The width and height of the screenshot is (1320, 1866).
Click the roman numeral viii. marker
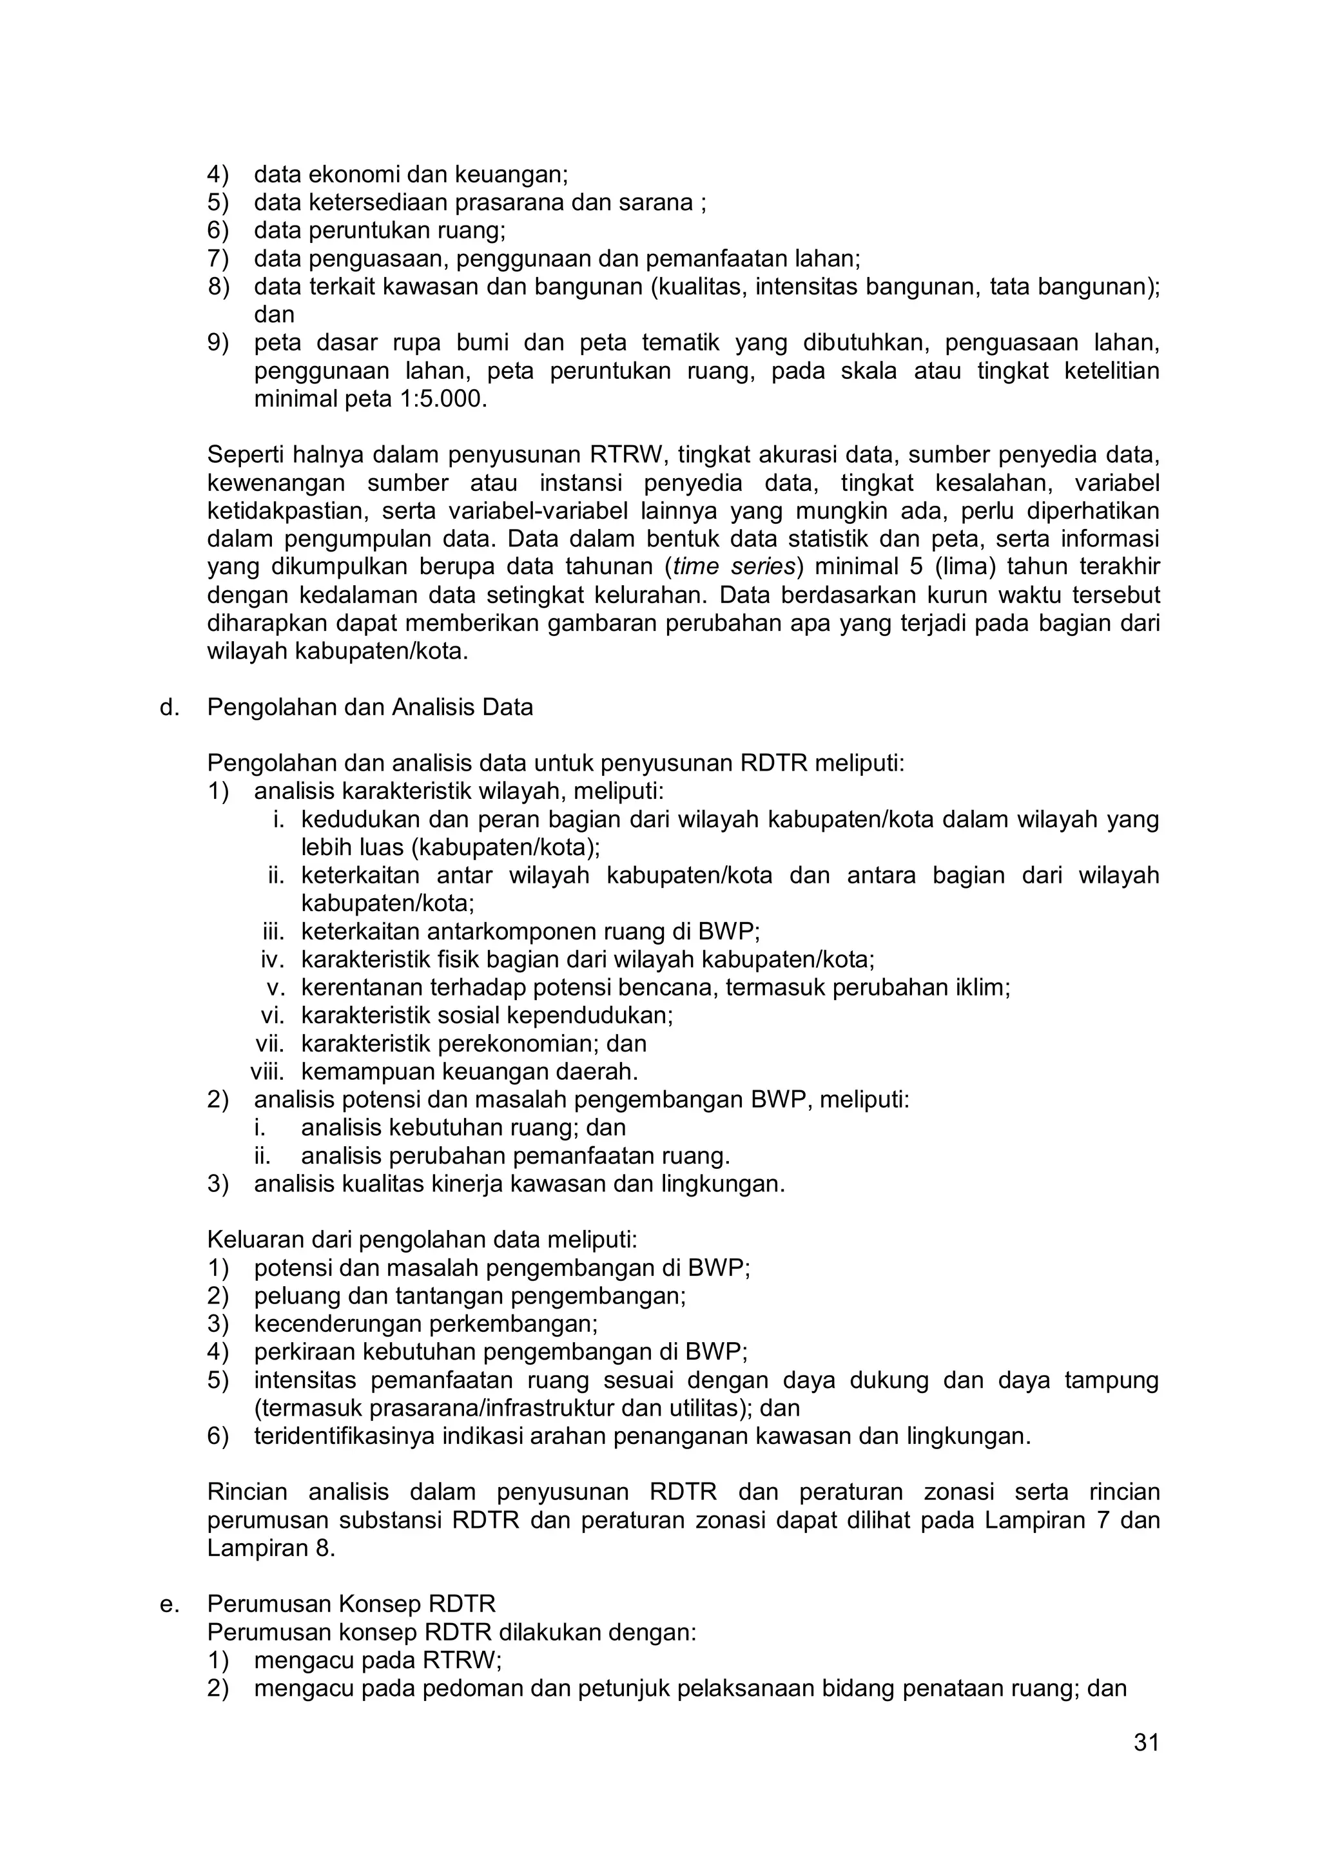pos(267,1071)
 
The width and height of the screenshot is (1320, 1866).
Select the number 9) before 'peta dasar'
pos(218,343)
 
